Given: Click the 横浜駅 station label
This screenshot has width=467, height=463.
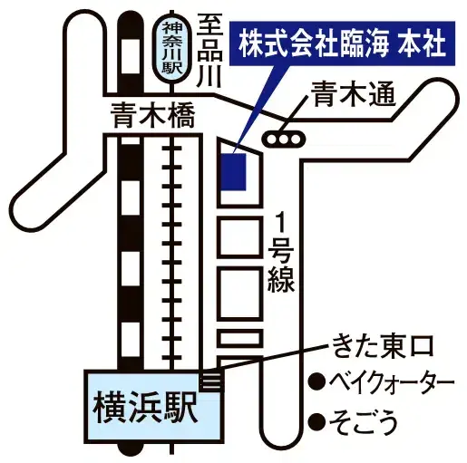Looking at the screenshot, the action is point(145,409).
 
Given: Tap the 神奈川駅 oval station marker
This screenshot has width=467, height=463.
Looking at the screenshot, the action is point(172,48).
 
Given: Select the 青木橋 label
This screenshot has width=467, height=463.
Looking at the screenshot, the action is point(152,116).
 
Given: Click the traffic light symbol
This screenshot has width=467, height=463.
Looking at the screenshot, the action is point(284,139).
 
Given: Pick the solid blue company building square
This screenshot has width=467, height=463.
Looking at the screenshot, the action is point(233,171).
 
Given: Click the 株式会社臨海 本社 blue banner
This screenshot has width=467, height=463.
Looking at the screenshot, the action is point(342,43).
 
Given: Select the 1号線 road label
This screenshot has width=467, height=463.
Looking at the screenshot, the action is point(281,251).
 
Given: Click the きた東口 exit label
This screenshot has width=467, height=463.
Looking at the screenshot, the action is point(383,347).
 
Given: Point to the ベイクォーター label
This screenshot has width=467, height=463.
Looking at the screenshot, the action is point(392,381).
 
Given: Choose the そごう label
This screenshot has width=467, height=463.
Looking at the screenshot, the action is point(363,421).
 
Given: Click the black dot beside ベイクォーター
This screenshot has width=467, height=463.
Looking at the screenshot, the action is point(316,381).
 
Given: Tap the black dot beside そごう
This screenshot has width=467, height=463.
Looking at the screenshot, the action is point(316,421).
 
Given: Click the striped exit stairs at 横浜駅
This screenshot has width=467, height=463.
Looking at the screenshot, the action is point(212,381).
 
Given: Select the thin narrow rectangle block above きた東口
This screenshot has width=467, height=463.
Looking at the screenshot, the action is point(239,338).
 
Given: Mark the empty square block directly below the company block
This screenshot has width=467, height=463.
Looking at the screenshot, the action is point(239,236).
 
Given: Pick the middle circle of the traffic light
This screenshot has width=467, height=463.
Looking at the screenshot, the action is point(284,140).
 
